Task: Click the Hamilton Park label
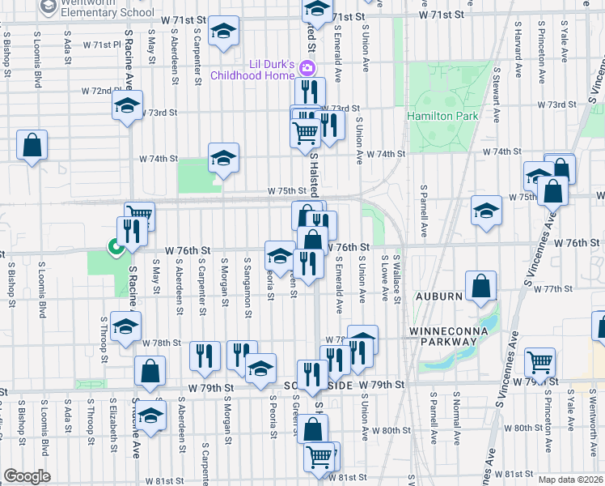point(442,116)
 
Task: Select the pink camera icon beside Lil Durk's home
point(307,66)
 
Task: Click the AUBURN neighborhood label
point(438,297)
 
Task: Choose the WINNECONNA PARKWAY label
point(443,336)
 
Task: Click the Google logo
point(27,476)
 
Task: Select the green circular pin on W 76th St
point(116,248)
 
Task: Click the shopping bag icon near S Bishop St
point(32,147)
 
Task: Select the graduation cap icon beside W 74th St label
point(223,157)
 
